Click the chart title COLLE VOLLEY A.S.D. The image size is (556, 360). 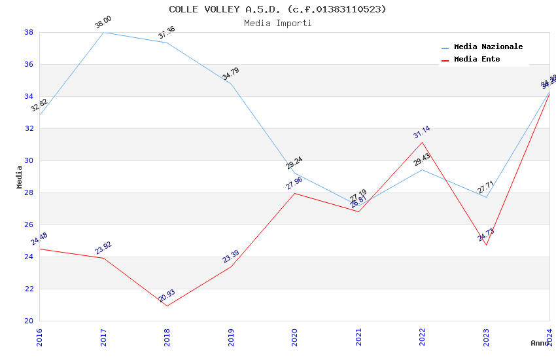[x=277, y=9]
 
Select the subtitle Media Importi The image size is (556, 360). [x=277, y=23]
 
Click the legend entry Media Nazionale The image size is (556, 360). [x=488, y=46]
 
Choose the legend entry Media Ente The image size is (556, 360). [x=477, y=59]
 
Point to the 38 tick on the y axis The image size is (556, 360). [x=29, y=32]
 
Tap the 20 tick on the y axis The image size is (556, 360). [x=29, y=321]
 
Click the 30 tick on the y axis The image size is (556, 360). [x=29, y=160]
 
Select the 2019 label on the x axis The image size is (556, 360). [x=231, y=338]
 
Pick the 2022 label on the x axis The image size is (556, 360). [x=423, y=338]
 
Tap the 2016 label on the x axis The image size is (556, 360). [x=39, y=338]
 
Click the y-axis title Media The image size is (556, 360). [x=19, y=177]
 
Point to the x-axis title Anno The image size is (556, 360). [x=540, y=343]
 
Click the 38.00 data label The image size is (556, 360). [x=103, y=23]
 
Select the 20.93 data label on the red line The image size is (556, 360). [x=167, y=297]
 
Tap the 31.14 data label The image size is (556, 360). [x=422, y=133]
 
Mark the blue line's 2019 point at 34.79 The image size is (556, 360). [x=231, y=84]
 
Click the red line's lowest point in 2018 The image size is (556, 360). [x=167, y=306]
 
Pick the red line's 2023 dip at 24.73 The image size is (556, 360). [x=486, y=245]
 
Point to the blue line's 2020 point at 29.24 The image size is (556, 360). [x=294, y=172]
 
